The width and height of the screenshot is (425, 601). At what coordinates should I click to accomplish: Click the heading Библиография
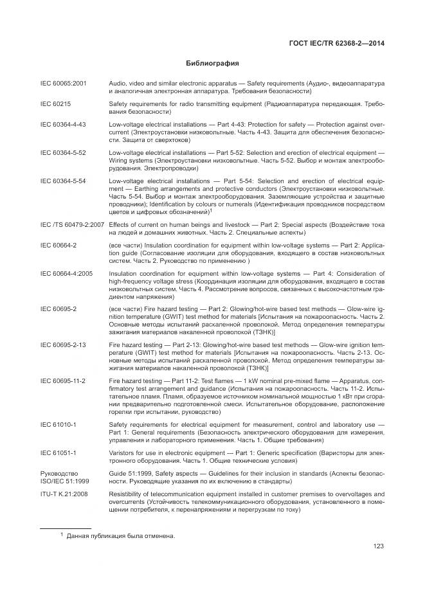(x=212, y=64)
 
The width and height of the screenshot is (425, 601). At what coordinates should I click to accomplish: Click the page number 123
(x=378, y=546)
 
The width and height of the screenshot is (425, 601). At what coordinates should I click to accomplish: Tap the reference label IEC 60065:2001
(x=64, y=84)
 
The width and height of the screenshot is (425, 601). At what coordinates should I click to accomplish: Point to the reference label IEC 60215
(x=55, y=103)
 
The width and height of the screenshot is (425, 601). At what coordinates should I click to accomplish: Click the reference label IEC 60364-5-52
(x=63, y=152)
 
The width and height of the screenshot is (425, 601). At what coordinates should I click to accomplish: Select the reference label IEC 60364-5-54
(x=63, y=181)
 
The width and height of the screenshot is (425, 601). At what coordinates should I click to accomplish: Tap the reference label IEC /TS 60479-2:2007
(x=72, y=224)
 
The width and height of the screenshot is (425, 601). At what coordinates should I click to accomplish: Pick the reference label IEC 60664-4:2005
(x=67, y=273)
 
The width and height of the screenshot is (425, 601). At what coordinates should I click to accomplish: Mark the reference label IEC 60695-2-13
(x=63, y=345)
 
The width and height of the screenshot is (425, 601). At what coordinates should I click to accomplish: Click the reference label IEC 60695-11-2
(x=63, y=381)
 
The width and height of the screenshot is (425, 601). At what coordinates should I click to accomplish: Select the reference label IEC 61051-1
(x=59, y=453)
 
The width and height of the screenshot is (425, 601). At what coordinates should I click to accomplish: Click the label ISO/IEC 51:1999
(x=66, y=480)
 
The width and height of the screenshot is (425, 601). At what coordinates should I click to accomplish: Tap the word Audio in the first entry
(x=117, y=84)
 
